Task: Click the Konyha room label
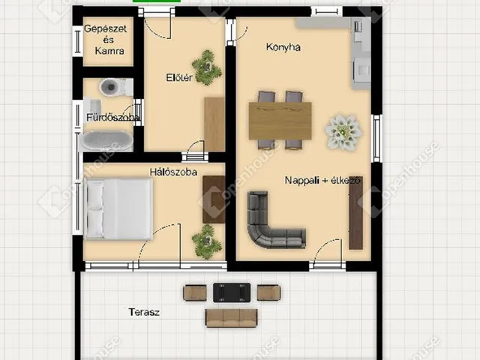(283, 47)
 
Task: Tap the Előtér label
(179, 77)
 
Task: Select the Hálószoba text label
(173, 172)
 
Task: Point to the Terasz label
(144, 312)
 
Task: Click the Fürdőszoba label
(112, 117)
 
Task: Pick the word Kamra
(109, 50)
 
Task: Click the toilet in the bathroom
(112, 87)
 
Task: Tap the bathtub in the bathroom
(106, 141)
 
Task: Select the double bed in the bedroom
(119, 208)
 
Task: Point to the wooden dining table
(280, 121)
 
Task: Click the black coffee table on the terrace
(232, 292)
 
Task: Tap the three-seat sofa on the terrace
(232, 318)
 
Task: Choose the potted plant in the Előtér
(207, 67)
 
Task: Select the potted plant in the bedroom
(207, 241)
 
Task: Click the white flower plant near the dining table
(343, 133)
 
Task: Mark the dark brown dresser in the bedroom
(214, 199)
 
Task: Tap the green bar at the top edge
(157, 1)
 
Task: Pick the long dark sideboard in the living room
(355, 213)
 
